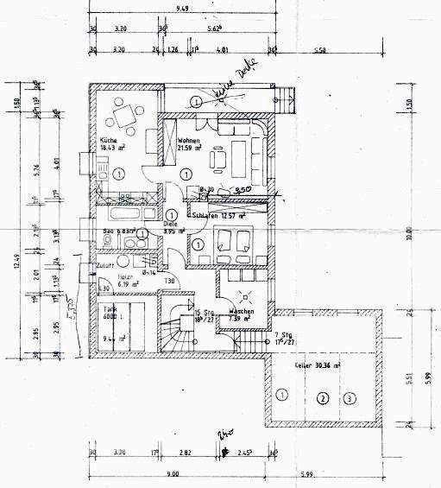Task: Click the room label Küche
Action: click(x=108, y=140)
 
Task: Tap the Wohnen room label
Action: click(x=189, y=141)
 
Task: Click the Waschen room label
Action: click(x=239, y=312)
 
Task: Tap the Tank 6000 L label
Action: click(x=110, y=312)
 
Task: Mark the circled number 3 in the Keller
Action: click(x=349, y=398)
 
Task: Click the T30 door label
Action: click(x=170, y=282)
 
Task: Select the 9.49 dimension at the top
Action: click(x=182, y=8)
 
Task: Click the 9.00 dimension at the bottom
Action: click(x=173, y=473)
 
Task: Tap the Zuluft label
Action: click(x=105, y=264)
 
